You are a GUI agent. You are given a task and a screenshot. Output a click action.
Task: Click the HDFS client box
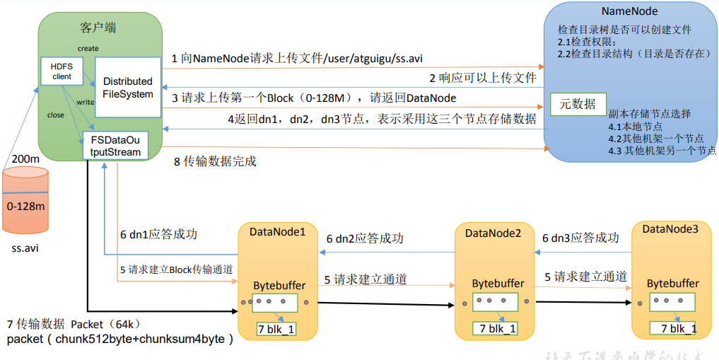(62, 70)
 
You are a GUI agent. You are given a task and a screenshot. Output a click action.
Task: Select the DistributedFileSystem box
(127, 87)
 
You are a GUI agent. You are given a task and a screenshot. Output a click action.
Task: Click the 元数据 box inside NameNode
(578, 104)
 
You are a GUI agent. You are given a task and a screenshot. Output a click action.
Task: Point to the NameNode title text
(630, 11)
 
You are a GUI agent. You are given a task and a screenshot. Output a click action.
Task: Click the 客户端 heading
(99, 28)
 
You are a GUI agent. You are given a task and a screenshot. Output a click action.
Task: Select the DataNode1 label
(278, 231)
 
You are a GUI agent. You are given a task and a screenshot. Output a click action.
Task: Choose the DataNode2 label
(493, 233)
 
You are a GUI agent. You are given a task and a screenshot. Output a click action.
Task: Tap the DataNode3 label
(670, 228)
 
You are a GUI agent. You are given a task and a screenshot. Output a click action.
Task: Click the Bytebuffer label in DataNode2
(498, 283)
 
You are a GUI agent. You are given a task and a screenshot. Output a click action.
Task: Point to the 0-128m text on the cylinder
(26, 206)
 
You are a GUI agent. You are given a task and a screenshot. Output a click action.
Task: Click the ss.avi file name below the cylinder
(27, 248)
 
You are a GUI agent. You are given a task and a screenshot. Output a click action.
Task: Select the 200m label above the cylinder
(25, 160)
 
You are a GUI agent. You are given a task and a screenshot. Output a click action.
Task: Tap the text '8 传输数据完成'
(215, 161)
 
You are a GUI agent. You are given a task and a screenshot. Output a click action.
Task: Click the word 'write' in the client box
(85, 102)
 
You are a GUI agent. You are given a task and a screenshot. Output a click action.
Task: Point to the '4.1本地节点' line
(636, 127)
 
